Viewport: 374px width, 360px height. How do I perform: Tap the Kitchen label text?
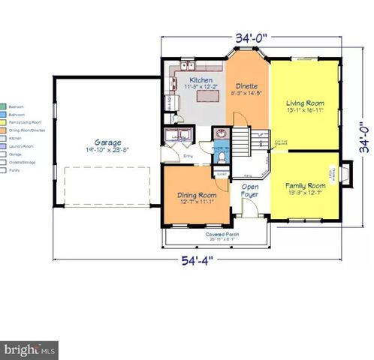200,80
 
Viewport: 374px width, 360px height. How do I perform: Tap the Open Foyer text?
250,189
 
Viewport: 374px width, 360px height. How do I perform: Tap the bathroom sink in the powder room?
221,135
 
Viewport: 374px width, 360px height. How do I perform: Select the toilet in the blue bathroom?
221,156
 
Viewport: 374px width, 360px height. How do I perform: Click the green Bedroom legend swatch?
4,106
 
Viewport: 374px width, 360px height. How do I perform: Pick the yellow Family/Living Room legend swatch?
4,121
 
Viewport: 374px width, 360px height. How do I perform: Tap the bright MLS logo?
30,349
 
